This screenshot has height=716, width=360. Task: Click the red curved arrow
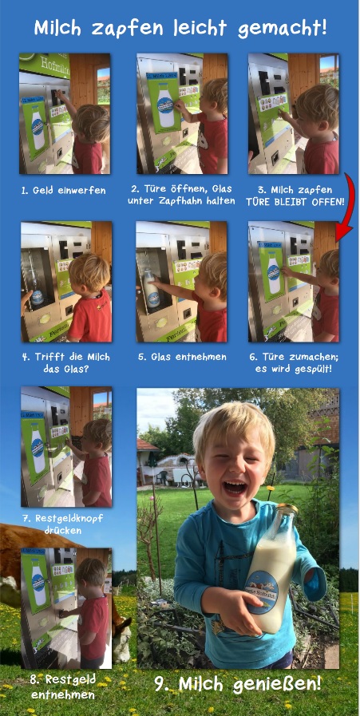pyautogui.click(x=346, y=207)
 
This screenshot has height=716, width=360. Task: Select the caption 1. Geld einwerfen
pyautogui.click(x=63, y=191)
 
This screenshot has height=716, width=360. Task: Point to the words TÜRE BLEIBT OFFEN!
pyautogui.click(x=295, y=201)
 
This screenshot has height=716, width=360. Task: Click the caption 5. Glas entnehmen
pyautogui.click(x=182, y=357)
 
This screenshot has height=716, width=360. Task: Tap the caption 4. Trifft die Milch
pyautogui.click(x=65, y=357)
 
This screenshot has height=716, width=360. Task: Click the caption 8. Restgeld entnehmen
pyautogui.click(x=64, y=687)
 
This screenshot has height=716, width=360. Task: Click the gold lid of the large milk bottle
pyautogui.click(x=286, y=509)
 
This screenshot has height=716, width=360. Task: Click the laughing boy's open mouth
pyautogui.click(x=235, y=487)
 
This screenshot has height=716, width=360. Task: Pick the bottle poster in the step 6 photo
pyautogui.click(x=272, y=271)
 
